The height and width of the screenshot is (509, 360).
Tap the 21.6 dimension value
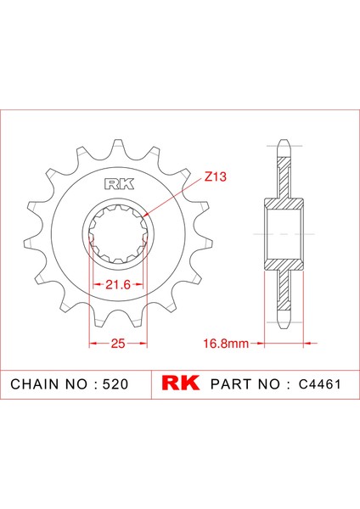[x=117, y=285]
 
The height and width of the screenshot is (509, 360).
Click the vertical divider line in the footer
[x=150, y=383]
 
